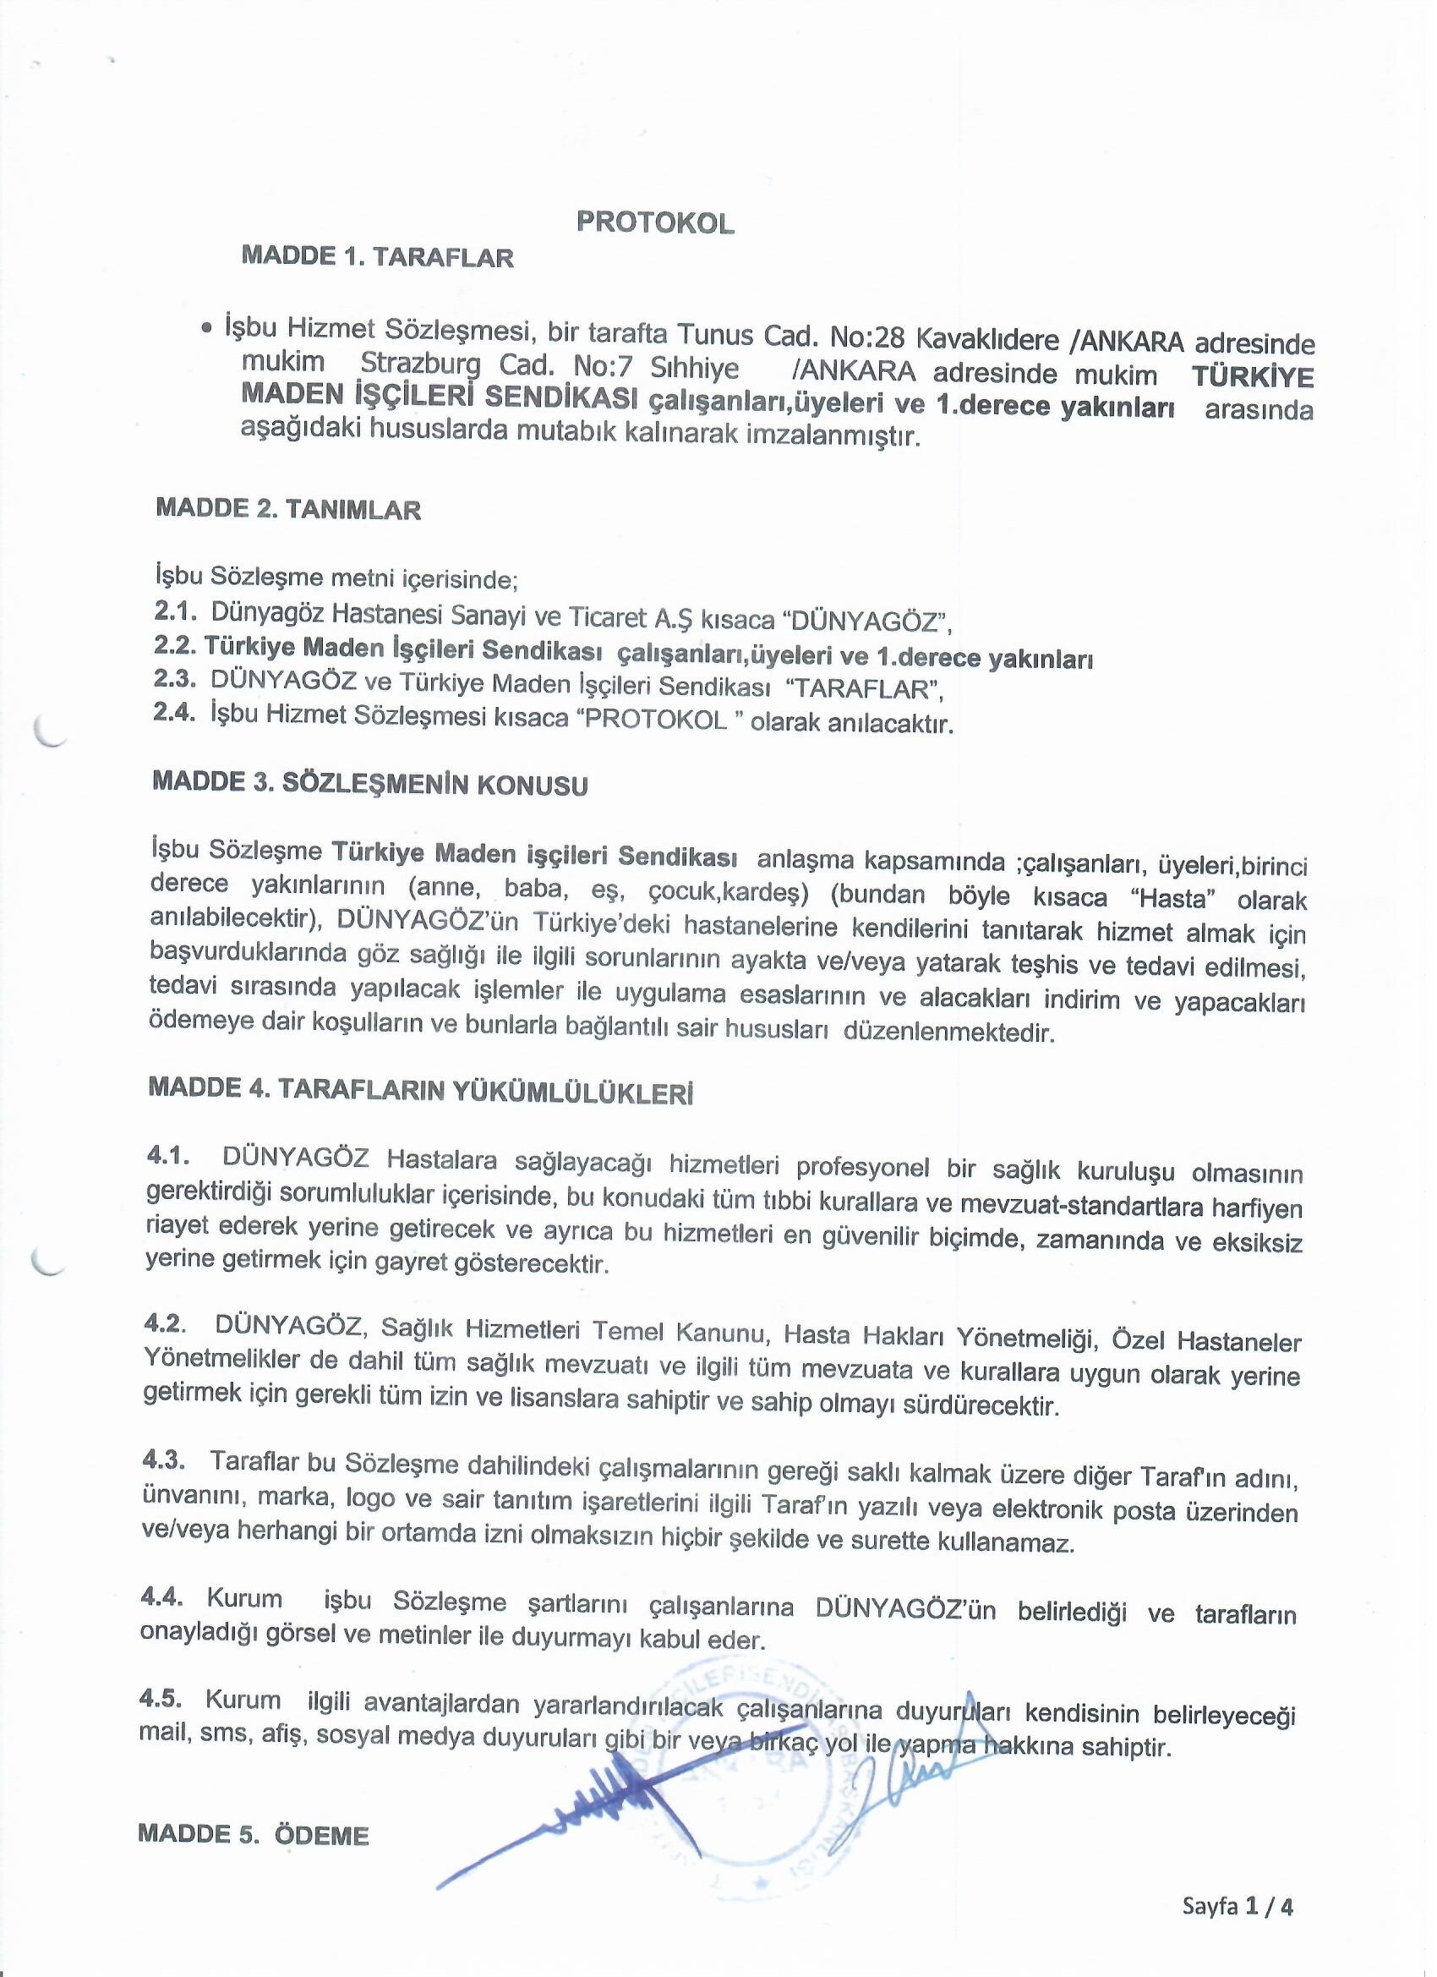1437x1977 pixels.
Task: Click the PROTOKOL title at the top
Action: tap(654, 224)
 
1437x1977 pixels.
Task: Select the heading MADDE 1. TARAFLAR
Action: tap(377, 258)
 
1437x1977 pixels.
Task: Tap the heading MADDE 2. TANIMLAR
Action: tap(287, 509)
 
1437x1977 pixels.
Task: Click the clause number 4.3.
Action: tap(162, 1459)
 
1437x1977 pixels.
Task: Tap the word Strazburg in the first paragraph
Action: tap(418, 365)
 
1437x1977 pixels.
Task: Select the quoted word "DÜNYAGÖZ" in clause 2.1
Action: tap(866, 622)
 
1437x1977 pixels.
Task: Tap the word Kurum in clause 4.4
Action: tap(244, 1600)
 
